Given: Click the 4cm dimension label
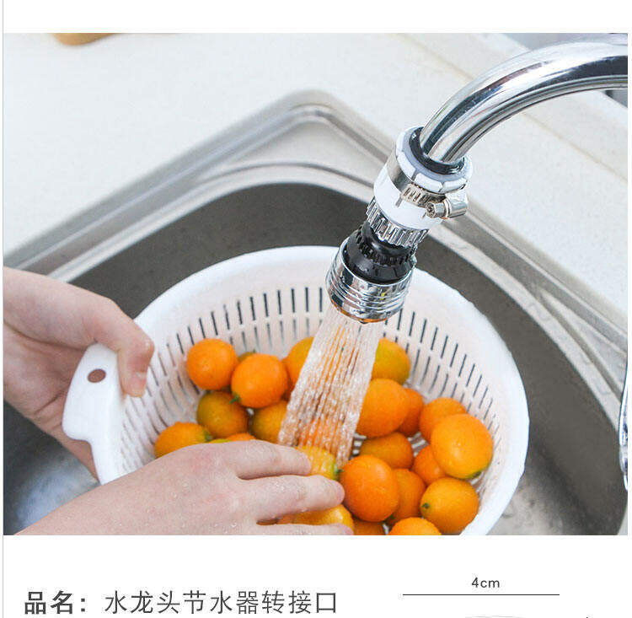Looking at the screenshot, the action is pos(485,583).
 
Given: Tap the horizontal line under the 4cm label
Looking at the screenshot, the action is pos(481,594).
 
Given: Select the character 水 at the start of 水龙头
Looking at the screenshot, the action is pos(116,603).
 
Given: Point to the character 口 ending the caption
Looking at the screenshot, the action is pos(325,603).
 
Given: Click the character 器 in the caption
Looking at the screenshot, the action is pos(247,603).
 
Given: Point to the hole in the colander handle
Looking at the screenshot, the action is pos(97,375).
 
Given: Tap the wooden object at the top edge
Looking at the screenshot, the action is pos(81,38).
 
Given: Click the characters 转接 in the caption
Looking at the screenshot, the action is pos(287,603).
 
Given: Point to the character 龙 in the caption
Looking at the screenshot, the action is pos(142,603).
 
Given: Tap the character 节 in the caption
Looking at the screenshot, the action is pos(195,603).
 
